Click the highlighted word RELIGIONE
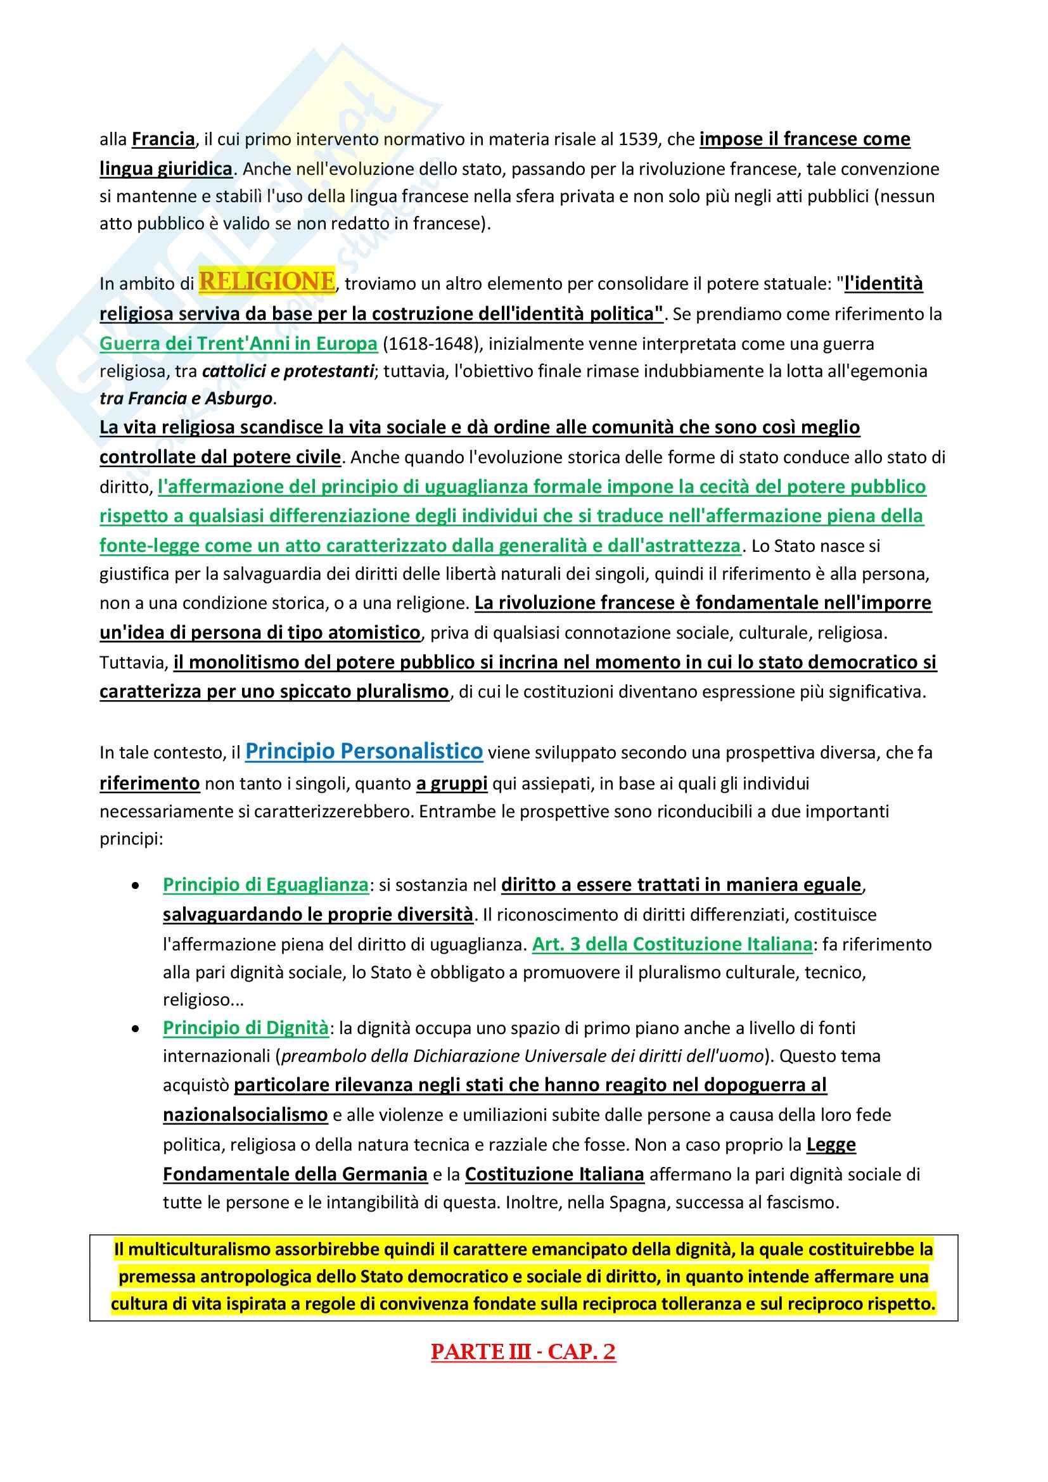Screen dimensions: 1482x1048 click(267, 281)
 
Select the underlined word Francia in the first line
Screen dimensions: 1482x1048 click(163, 139)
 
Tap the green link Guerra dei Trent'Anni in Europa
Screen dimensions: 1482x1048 click(238, 343)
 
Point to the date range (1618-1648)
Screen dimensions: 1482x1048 click(432, 343)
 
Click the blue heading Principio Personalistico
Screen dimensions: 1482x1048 click(363, 751)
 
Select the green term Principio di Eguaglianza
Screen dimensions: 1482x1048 click(265, 885)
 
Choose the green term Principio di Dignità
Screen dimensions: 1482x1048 click(245, 1028)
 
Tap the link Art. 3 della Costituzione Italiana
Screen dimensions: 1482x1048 click(672, 944)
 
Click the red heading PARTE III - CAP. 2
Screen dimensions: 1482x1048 click(523, 1351)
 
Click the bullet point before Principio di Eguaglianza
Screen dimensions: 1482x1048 click(136, 886)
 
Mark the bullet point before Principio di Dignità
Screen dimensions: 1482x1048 click(136, 1029)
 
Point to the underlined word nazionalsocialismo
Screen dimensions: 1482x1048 click(245, 1115)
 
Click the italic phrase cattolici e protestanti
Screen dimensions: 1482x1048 click(288, 371)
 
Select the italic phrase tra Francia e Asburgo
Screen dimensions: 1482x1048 click(186, 399)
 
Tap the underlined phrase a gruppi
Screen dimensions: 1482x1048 click(452, 784)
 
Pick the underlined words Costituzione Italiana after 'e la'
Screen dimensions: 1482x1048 click(554, 1173)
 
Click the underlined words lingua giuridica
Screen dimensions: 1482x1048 click(166, 169)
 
